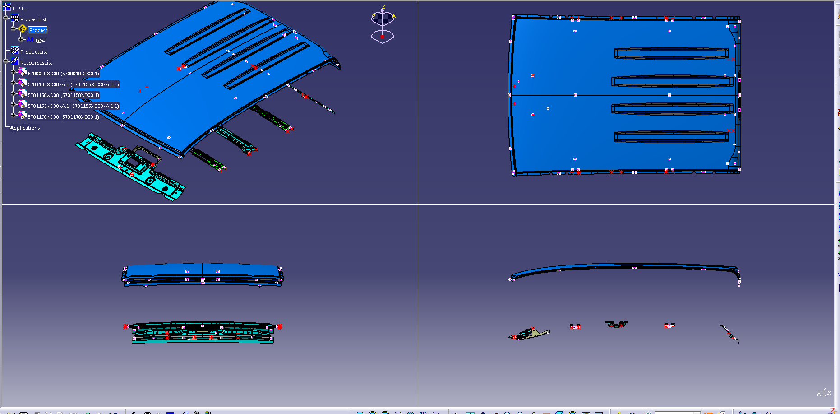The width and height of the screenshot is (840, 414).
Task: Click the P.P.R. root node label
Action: point(19,9)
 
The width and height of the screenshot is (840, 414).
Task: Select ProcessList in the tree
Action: point(33,19)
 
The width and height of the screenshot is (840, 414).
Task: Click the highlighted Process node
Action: point(38,30)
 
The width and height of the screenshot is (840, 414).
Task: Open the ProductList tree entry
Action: point(34,52)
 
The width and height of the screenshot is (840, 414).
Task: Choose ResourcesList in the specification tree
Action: point(36,63)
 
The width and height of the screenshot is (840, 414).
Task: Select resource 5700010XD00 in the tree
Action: point(64,74)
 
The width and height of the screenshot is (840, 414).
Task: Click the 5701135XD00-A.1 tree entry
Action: point(74,84)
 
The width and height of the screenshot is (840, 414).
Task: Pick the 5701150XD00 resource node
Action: point(64,95)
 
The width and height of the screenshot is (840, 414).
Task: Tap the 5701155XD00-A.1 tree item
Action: point(74,106)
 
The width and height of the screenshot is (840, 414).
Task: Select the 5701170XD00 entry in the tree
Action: point(64,117)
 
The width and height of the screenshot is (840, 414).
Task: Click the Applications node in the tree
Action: point(25,128)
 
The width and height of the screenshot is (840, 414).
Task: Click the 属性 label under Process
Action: point(41,41)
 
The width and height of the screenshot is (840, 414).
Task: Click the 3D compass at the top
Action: point(383,25)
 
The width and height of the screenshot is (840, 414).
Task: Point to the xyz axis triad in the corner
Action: point(824,393)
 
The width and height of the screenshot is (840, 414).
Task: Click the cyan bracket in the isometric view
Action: point(130,166)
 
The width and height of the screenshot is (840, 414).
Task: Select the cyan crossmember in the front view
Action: point(203,333)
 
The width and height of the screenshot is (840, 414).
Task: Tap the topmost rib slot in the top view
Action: point(671,53)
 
